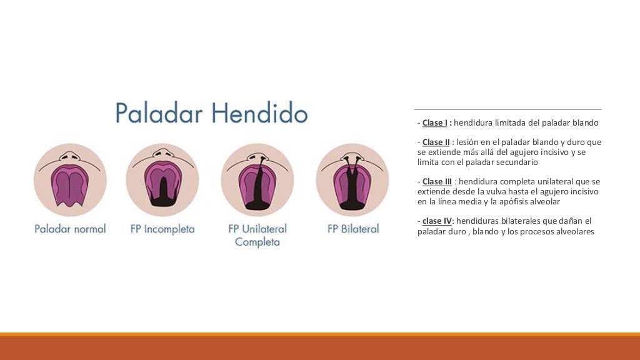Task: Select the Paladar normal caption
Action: click(70, 229)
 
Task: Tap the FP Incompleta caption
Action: click(162, 229)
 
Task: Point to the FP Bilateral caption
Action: click(353, 229)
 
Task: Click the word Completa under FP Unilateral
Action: click(257, 242)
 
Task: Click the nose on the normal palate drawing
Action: click(70, 154)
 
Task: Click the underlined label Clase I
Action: click(435, 123)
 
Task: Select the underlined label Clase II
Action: click(436, 142)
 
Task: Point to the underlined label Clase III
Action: click(437, 182)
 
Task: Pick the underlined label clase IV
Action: click(437, 221)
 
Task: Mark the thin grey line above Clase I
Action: click(507, 110)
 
